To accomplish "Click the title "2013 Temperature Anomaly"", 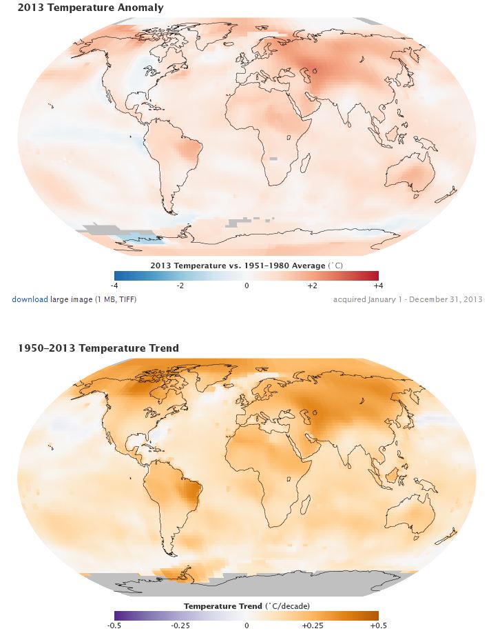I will (91, 8).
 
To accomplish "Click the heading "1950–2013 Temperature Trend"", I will (98, 348).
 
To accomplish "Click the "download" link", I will (30, 299).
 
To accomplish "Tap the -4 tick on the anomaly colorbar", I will (115, 285).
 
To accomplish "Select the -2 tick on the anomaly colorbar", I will (180, 285).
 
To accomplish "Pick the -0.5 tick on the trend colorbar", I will (115, 625).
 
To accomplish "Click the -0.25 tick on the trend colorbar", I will (180, 625).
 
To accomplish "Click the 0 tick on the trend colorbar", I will (247, 625).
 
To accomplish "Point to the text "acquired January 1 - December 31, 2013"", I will (408, 299).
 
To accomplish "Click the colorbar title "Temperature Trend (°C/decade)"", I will (247, 605).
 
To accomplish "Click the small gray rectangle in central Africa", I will (273, 159).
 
